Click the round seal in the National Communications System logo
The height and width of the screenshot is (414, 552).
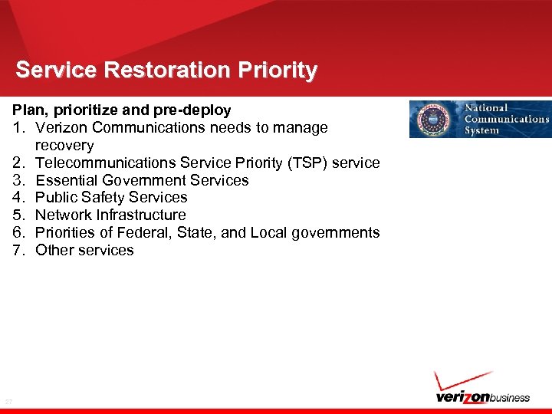[x=432, y=120]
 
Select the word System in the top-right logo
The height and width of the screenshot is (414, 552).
[x=481, y=130]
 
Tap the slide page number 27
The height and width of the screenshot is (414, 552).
[x=8, y=401]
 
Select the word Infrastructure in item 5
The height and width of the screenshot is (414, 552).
[x=141, y=215]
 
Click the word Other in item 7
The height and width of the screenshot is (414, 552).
[x=55, y=251]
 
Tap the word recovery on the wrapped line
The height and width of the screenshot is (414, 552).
[x=64, y=146]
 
